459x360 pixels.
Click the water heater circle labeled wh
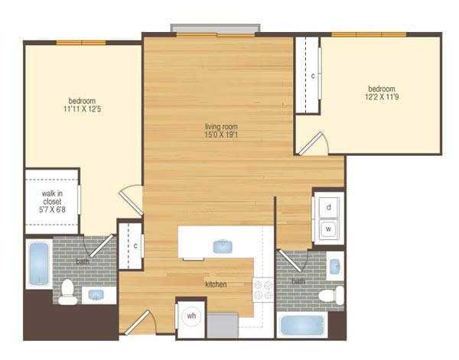[191, 316]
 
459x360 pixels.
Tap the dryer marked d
[329, 207]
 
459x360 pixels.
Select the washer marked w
[328, 229]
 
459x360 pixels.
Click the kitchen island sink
[223, 246]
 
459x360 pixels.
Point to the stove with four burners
[263, 290]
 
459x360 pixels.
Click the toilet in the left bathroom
[68, 292]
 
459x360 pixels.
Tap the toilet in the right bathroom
[331, 296]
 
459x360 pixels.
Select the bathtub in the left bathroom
[39, 264]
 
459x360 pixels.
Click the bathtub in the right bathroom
[302, 326]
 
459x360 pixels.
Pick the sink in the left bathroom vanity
[96, 295]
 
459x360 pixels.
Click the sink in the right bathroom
[335, 267]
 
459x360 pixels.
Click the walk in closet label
[52, 197]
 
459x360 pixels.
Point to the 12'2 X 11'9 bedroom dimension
[382, 97]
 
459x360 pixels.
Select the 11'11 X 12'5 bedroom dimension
[83, 109]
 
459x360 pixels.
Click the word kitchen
[216, 284]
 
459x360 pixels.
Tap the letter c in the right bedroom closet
[313, 76]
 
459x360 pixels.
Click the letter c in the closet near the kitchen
[135, 246]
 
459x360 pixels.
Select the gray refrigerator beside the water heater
[223, 325]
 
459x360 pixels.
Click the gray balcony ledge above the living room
[215, 28]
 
